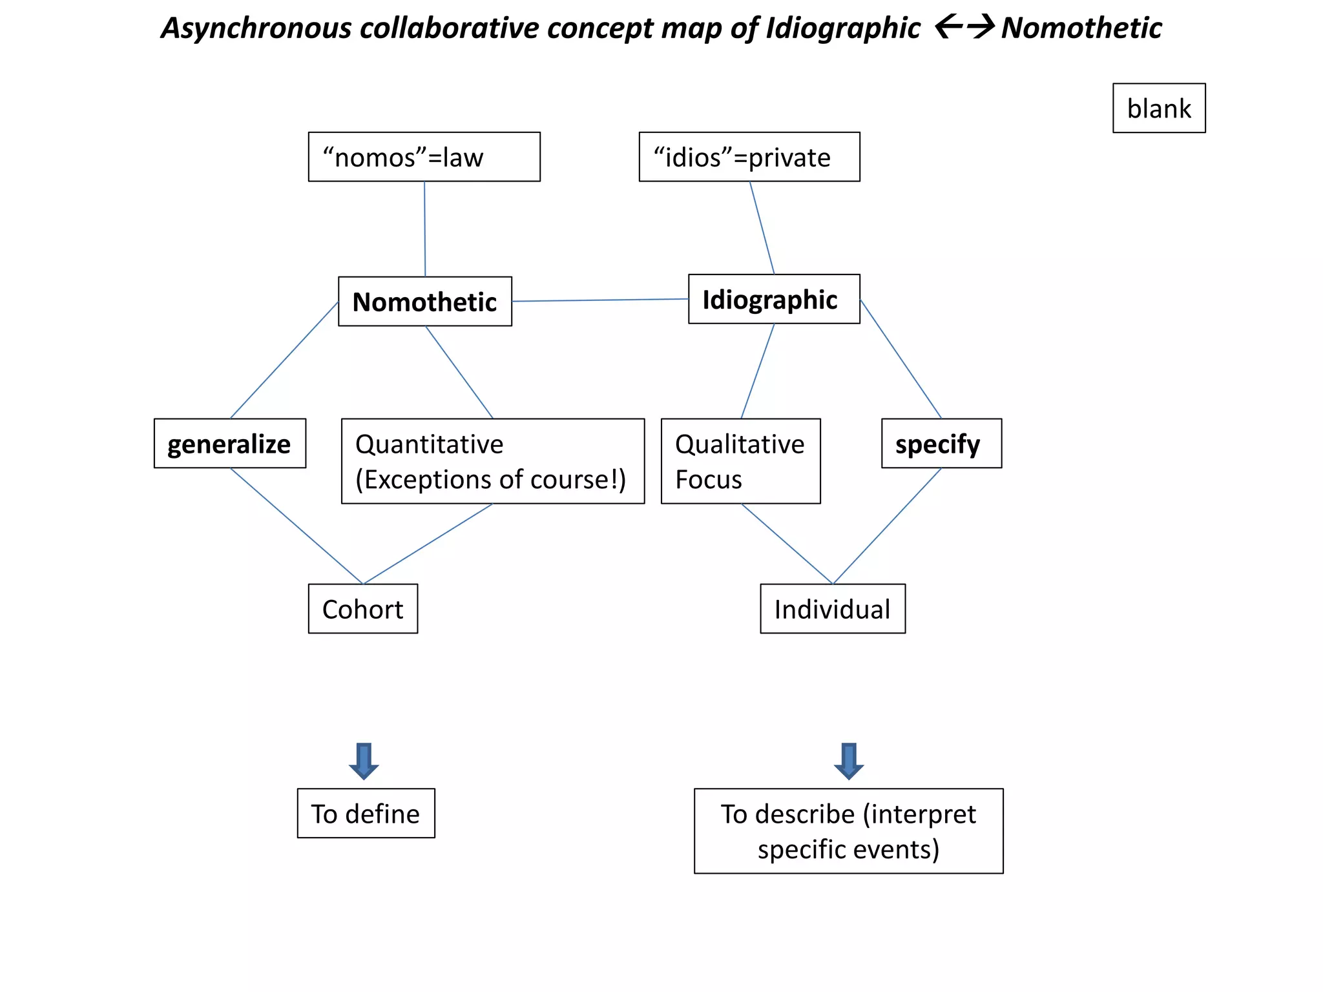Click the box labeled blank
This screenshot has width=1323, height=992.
point(1158,108)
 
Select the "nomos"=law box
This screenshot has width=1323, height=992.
point(424,157)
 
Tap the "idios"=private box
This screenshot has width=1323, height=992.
point(749,157)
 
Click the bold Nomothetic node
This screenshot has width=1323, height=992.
point(424,302)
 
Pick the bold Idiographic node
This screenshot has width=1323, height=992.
point(773,299)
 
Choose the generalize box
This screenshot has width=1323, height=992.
point(229,444)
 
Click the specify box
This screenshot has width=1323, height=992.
point(941,444)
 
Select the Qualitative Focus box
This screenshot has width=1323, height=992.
point(740,461)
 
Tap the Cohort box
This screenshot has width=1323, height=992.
point(362,609)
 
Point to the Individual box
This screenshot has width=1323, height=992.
point(832,609)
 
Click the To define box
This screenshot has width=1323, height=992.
point(366,813)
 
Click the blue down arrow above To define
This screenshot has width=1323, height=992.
point(364,761)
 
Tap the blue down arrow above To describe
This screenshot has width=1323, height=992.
point(848,761)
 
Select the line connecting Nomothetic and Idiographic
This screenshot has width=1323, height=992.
point(599,300)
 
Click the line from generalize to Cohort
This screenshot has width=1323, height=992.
point(297,526)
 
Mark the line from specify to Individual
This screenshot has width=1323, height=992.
point(887,526)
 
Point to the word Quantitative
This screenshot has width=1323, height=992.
point(429,444)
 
